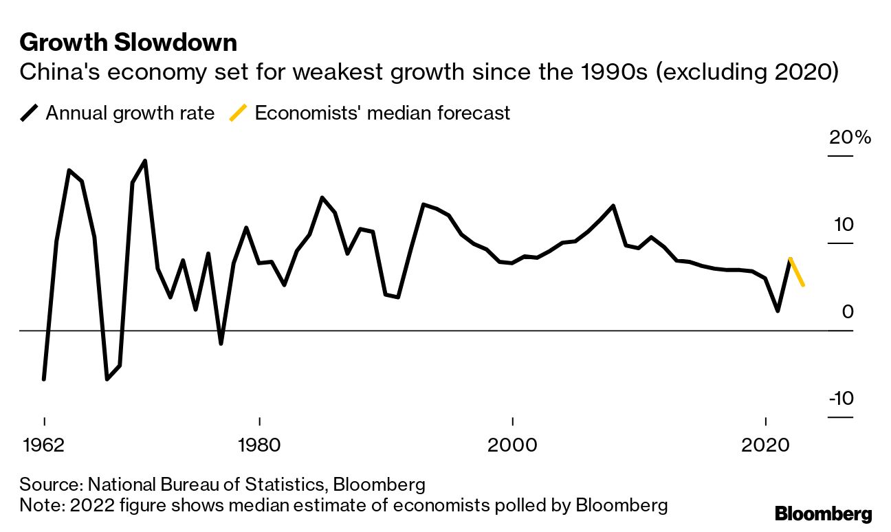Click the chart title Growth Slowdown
129,43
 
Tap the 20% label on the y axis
850,137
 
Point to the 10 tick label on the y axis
844,225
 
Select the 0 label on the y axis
847,312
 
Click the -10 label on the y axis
841,399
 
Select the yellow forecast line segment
797,272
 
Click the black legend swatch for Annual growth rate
30,113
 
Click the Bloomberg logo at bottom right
823,513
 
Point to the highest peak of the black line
144,161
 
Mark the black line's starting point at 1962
44,379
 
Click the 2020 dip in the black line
778,311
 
